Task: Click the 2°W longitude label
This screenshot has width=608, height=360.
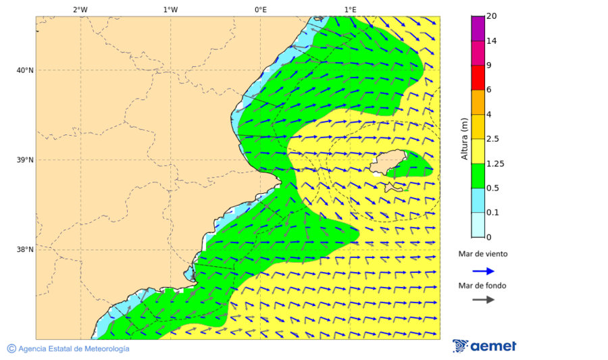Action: point(80,9)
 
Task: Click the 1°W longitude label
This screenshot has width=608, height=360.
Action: point(170,9)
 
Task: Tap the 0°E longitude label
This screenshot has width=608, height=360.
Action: point(260,9)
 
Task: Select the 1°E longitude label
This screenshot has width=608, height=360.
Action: point(350,9)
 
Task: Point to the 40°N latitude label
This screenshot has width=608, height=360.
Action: point(25,70)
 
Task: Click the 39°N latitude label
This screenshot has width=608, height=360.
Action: point(25,160)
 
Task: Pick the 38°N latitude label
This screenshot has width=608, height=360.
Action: point(25,250)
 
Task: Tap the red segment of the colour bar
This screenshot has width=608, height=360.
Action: point(478,77)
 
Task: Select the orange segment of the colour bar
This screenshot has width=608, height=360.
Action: point(478,102)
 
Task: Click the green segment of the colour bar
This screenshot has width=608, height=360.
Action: point(478,176)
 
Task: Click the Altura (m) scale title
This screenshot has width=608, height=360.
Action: point(464,138)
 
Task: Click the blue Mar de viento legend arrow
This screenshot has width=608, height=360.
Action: point(483,271)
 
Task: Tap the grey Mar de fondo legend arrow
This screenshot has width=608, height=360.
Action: point(483,300)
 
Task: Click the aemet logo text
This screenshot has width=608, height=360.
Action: point(493,346)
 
